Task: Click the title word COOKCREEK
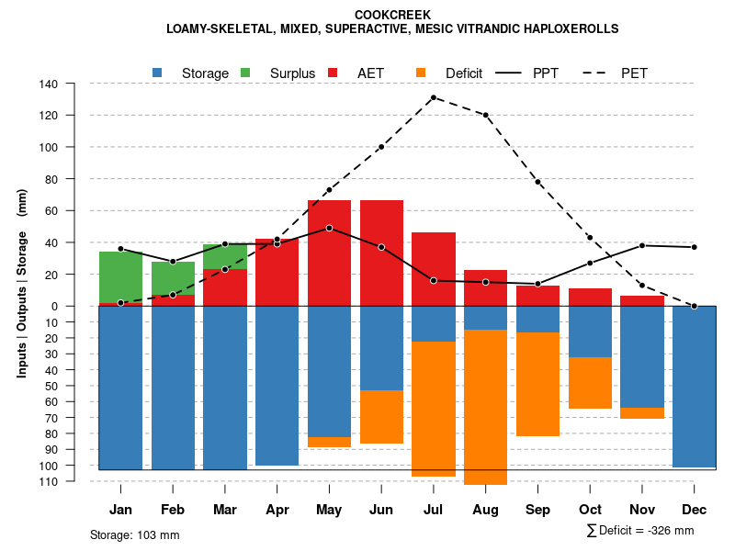(x=392, y=15)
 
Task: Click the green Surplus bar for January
(x=120, y=276)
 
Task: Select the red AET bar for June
(x=381, y=253)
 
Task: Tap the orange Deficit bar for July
(x=434, y=409)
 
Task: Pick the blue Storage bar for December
(x=694, y=386)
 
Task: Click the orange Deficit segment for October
(x=590, y=383)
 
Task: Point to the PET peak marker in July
(x=433, y=97)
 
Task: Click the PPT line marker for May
(x=329, y=228)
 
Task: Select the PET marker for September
(x=537, y=182)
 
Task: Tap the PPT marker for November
(x=641, y=245)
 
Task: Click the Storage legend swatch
(x=158, y=73)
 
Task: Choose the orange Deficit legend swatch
(x=422, y=73)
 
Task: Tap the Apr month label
(x=277, y=510)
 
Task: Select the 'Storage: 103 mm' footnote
(x=134, y=534)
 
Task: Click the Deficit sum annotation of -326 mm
(x=640, y=531)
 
